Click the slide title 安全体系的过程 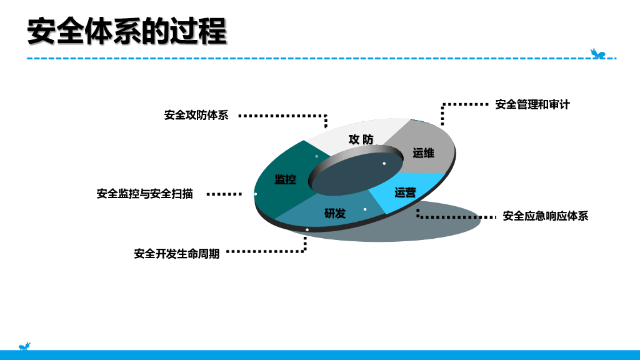(x=126, y=31)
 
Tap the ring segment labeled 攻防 (x=361, y=139)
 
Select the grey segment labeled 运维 (x=423, y=152)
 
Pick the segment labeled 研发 (x=335, y=213)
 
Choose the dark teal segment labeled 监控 (x=285, y=179)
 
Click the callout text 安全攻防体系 (x=196, y=116)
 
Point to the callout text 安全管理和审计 (x=532, y=104)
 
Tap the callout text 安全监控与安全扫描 (x=145, y=194)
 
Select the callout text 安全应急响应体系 (x=546, y=216)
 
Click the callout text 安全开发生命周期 (x=177, y=254)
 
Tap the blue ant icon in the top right (x=598, y=54)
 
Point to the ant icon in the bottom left (x=24, y=346)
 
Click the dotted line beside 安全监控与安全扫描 (x=224, y=194)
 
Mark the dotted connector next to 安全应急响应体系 (x=456, y=217)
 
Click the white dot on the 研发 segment (x=365, y=209)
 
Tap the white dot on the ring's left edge (x=256, y=194)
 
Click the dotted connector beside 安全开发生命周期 (x=266, y=251)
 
